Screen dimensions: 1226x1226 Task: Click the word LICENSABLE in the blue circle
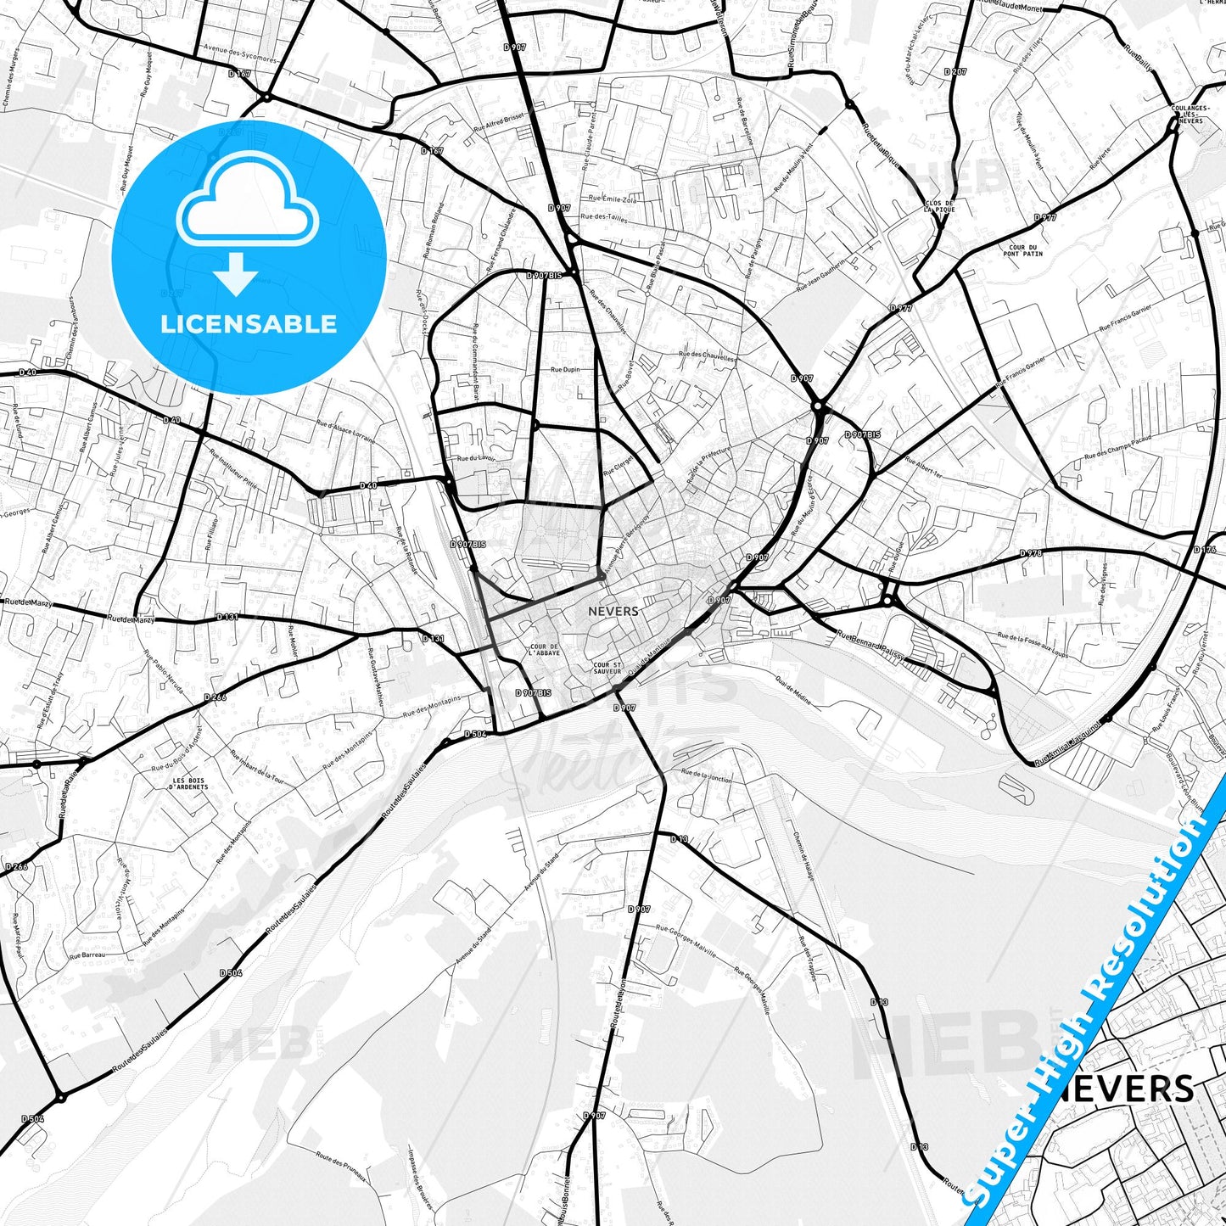click(249, 324)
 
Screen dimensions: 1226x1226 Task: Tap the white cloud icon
click(247, 204)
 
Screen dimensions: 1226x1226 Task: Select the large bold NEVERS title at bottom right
click(1128, 1089)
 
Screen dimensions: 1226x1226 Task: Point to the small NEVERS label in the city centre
click(613, 611)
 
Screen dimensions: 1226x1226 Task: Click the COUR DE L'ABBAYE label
click(543, 650)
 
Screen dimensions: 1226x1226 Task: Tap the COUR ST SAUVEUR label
click(607, 669)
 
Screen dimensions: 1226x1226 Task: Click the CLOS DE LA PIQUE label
click(939, 206)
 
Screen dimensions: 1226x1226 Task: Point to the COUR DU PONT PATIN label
click(1022, 250)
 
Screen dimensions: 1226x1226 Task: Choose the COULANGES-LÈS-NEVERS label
click(1191, 115)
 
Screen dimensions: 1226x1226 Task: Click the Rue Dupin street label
click(565, 370)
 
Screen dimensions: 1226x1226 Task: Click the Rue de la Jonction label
click(707, 774)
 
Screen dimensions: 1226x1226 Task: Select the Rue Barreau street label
click(87, 954)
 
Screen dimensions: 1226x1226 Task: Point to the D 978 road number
click(1030, 553)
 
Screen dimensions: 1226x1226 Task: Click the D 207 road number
click(955, 72)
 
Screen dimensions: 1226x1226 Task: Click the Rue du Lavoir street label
click(475, 458)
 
